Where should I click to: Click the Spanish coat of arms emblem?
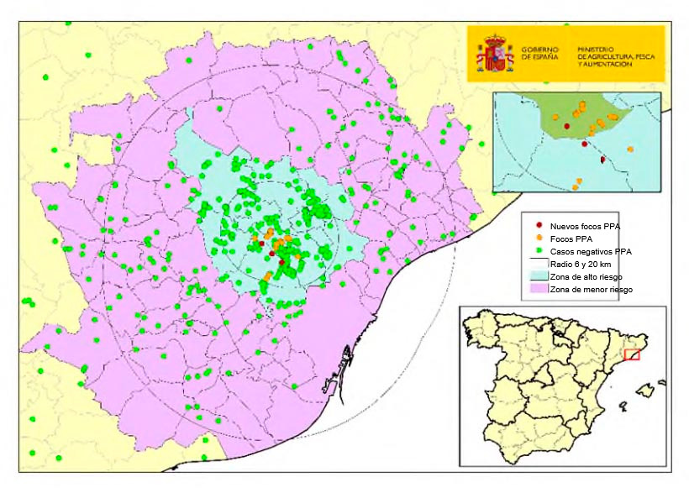[496, 54]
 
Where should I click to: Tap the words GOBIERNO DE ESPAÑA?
[539, 55]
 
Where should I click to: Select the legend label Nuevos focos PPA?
[585, 226]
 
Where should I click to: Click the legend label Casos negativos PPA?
[591, 251]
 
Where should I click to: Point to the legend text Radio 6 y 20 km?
[580, 264]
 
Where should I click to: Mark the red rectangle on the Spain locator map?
[632, 354]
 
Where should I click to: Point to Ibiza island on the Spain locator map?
[623, 406]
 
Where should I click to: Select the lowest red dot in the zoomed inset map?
[602, 159]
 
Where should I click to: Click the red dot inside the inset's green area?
[567, 126]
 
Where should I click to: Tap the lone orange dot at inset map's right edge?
[629, 149]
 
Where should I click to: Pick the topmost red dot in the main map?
[262, 244]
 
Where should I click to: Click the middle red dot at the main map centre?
[271, 253]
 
